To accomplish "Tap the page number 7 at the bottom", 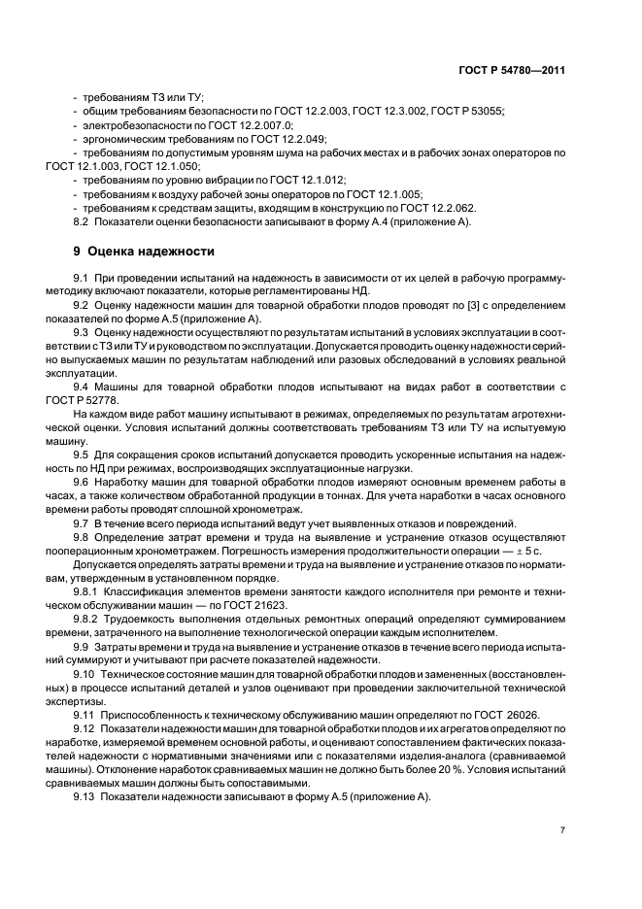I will [562, 830].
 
